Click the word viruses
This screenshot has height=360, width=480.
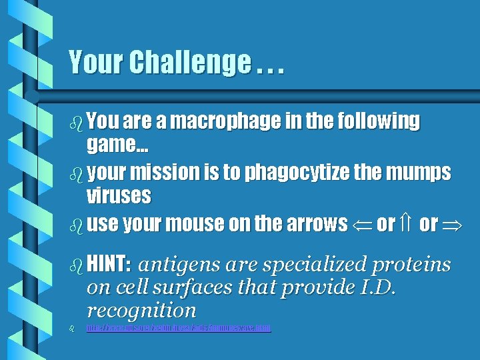coord(119,196)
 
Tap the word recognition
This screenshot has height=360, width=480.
coord(141,310)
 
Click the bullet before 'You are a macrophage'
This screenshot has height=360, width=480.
coord(75,122)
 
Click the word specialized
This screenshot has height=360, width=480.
coord(315,265)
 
